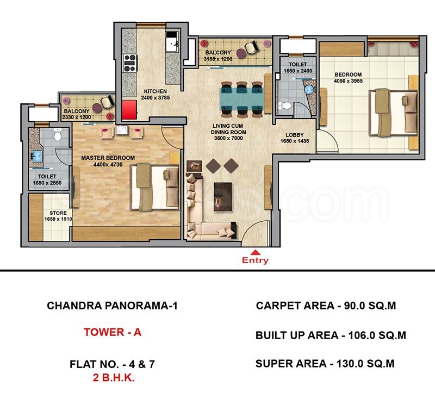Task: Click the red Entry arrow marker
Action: [255, 252]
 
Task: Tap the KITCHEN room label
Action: [156, 91]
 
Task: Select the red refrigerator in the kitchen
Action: [129, 110]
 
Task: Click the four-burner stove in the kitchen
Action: [129, 63]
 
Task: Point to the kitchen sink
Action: [172, 42]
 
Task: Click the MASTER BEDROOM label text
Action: [108, 158]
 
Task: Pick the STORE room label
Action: [58, 213]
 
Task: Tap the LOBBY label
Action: [295, 135]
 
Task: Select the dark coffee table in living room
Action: [223, 197]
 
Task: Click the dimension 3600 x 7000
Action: [228, 138]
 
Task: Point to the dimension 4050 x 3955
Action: [348, 81]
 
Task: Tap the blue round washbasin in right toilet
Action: [309, 90]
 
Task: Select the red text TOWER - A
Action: [113, 332]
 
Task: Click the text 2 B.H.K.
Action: [114, 378]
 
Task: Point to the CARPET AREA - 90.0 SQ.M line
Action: [326, 306]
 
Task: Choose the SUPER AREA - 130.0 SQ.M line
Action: [325, 364]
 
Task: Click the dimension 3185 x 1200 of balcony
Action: [218, 59]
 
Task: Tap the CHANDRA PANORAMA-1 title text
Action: [112, 306]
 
